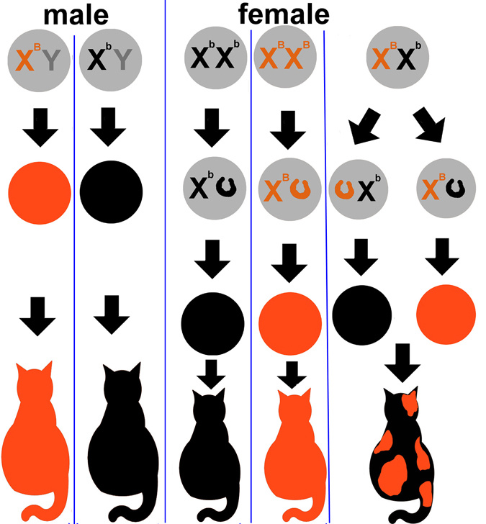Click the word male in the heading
coord(76,15)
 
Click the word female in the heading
coord(284,14)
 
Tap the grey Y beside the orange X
coord(51,60)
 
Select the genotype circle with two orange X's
coord(285,57)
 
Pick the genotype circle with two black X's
coord(215,58)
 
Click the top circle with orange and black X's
coord(397,57)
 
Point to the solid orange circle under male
coord(40,193)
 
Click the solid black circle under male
coord(111,192)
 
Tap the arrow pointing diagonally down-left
coord(364,127)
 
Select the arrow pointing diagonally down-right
coord(430,125)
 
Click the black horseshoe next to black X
coord(226,187)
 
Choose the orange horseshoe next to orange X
coord(300,189)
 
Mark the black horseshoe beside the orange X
coord(455,188)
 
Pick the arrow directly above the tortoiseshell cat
coord(402,363)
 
